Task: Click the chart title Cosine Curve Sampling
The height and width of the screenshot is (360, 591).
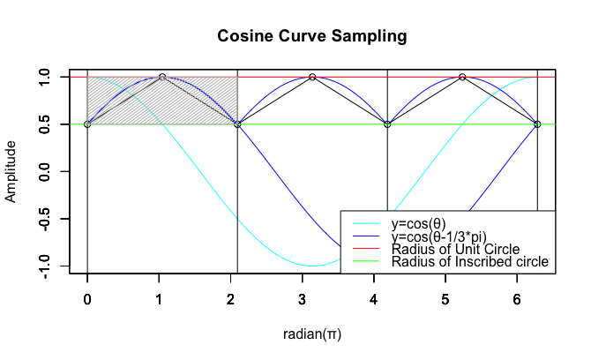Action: coord(312,37)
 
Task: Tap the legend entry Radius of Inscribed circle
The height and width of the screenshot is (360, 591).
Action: coord(470,262)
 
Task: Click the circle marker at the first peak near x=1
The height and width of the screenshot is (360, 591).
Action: coord(162,77)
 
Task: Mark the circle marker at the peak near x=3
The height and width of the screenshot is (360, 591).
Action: coord(312,77)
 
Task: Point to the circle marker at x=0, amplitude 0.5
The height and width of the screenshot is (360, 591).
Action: coord(87,124)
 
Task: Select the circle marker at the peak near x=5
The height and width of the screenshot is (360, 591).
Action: coord(462,77)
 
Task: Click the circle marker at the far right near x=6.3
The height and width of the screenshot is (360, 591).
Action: coord(537,124)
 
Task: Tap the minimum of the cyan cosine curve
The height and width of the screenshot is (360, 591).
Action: coord(312,266)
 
